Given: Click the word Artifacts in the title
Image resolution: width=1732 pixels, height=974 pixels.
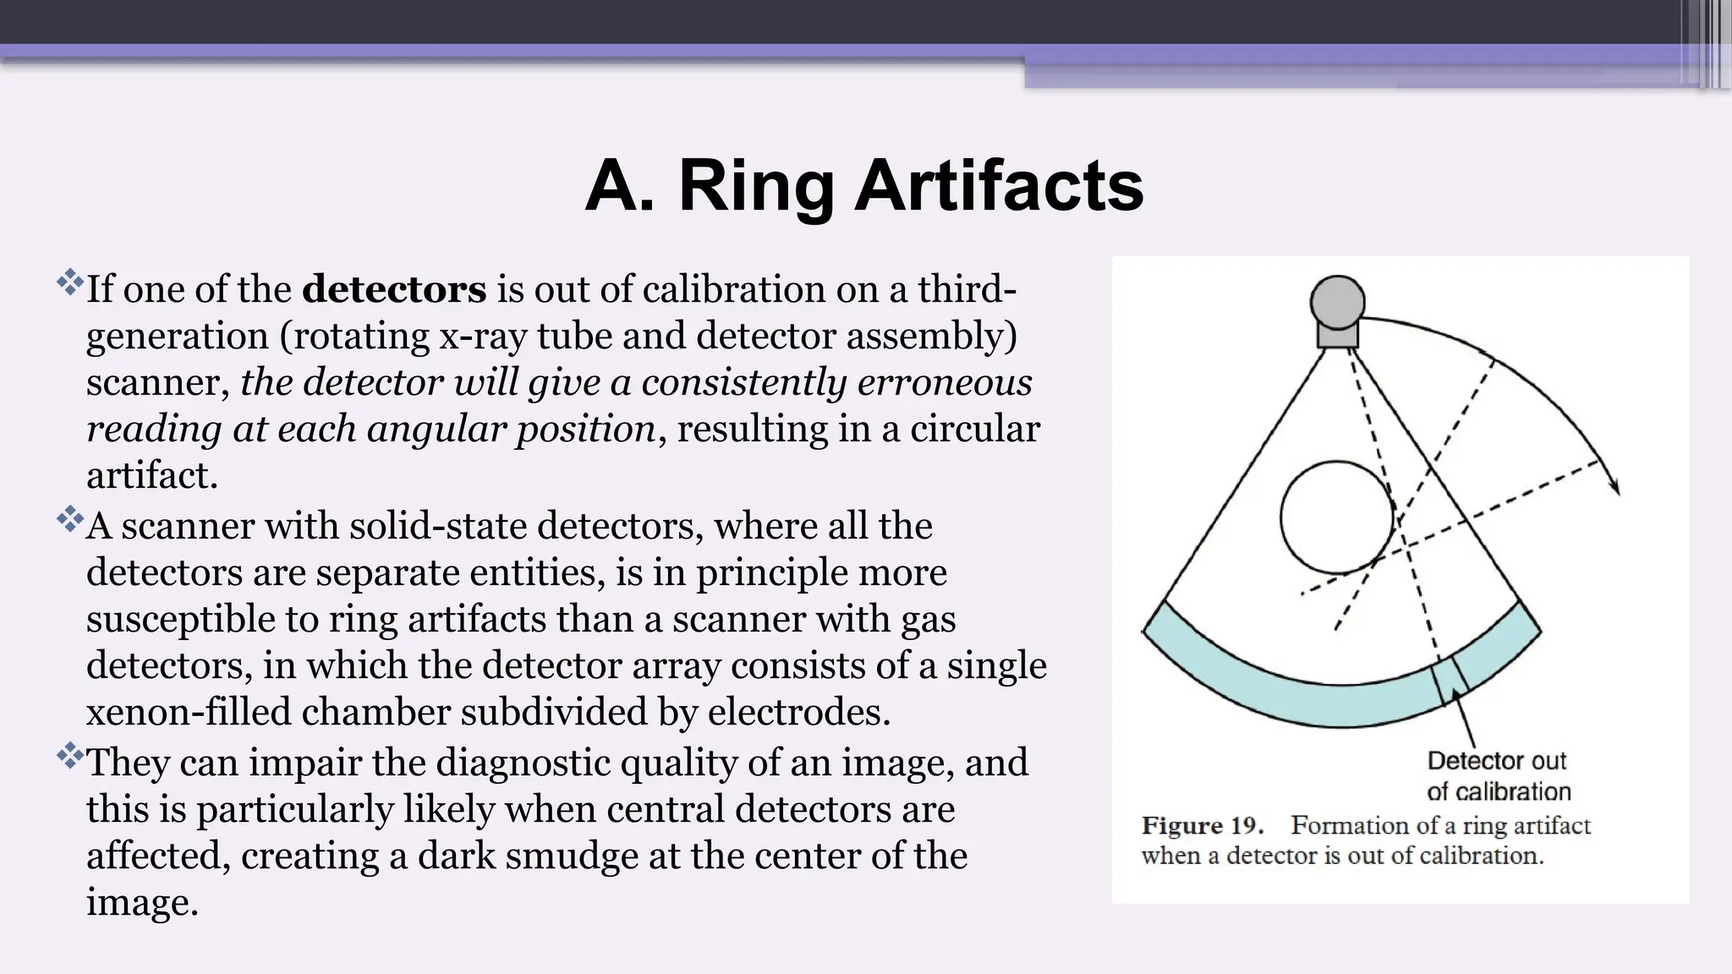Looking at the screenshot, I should pyautogui.click(x=999, y=187).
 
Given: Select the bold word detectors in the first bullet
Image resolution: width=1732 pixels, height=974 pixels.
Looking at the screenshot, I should pyautogui.click(x=394, y=289).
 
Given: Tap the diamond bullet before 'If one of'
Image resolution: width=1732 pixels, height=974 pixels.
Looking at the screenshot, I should pyautogui.click(x=70, y=281).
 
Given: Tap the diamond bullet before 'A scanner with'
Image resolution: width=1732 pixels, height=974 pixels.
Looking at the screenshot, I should pyautogui.click(x=70, y=518).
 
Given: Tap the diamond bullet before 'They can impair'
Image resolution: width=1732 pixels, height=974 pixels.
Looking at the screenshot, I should pyautogui.click(x=70, y=755).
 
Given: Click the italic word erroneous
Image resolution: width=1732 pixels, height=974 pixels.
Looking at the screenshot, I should pyautogui.click(x=945, y=382).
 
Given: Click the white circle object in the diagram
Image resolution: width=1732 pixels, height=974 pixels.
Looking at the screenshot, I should pyautogui.click(x=1336, y=517).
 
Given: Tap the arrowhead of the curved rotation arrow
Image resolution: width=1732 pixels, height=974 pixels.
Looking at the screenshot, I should pyautogui.click(x=1614, y=486).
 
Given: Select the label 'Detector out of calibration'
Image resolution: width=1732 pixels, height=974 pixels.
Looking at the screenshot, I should pyautogui.click(x=1498, y=776).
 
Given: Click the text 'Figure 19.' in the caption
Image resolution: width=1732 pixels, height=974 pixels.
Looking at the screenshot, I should pyautogui.click(x=1202, y=826).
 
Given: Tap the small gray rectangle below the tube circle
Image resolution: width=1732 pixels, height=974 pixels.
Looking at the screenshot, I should pyautogui.click(x=1337, y=336).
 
